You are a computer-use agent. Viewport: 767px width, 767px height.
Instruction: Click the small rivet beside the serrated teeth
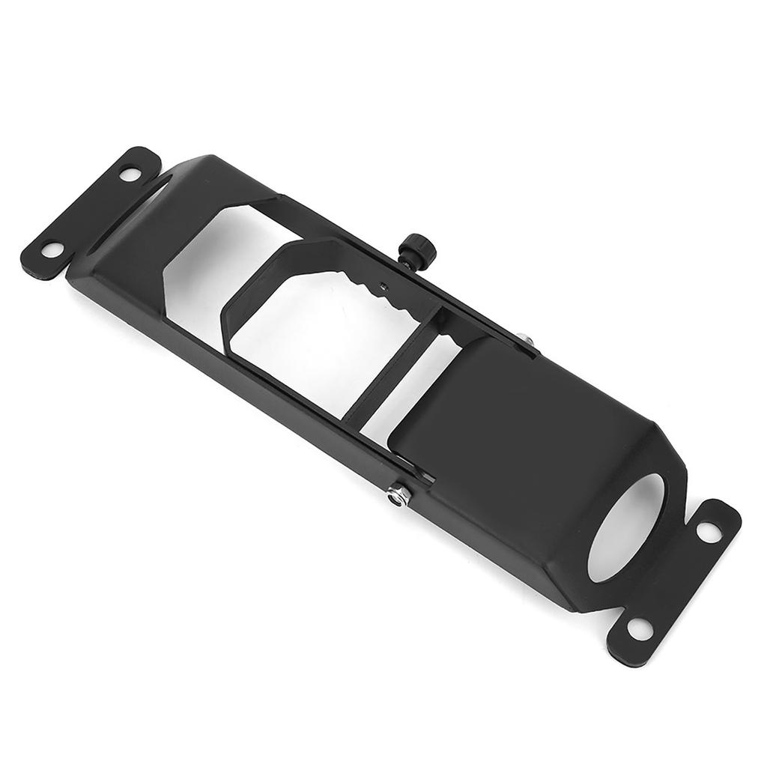pyautogui.click(x=383, y=285)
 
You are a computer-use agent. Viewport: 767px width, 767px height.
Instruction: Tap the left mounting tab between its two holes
pyautogui.click(x=86, y=213)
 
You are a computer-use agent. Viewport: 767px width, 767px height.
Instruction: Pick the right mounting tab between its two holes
pyautogui.click(x=674, y=577)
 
